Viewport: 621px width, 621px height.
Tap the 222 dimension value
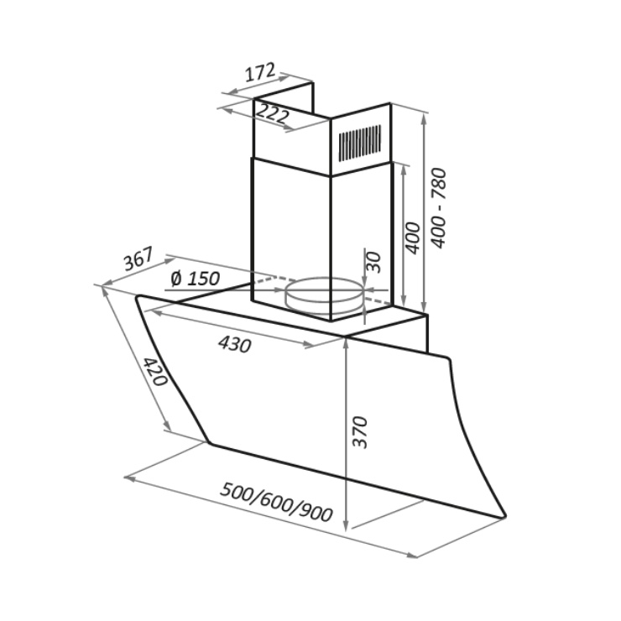click(x=273, y=113)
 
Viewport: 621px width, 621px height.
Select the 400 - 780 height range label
click(x=439, y=208)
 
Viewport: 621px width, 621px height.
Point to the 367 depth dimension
click(x=138, y=258)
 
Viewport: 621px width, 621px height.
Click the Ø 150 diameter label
click(x=195, y=279)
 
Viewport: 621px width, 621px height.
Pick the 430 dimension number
click(x=234, y=344)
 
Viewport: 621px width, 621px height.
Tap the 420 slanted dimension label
click(x=155, y=372)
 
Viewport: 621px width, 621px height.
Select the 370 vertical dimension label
click(x=360, y=432)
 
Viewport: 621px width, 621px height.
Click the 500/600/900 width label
click(x=276, y=503)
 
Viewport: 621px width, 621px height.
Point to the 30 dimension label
click(x=373, y=263)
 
